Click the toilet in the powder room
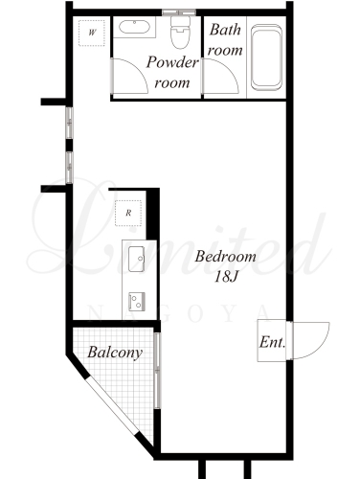(181, 32)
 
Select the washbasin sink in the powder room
(134, 27)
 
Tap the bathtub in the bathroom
(266, 57)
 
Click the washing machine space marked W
(92, 33)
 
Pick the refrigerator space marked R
(128, 213)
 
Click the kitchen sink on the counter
(137, 259)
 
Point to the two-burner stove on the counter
(137, 302)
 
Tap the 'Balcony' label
(115, 353)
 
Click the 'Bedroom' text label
(226, 257)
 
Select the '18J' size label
(226, 277)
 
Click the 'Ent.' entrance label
(272, 342)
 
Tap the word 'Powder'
(172, 62)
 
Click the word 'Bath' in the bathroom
(225, 30)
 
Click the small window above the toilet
(179, 12)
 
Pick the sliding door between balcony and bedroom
(157, 371)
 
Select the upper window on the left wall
(69, 123)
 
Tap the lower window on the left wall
(69, 168)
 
